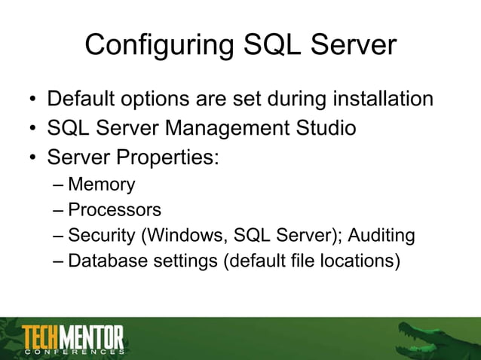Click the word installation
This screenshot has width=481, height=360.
tap(378, 99)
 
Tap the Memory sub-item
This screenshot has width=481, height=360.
tap(101, 185)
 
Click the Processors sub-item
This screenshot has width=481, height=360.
tap(115, 210)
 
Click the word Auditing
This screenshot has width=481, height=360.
tap(381, 236)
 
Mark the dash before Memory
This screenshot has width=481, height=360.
tap(60, 185)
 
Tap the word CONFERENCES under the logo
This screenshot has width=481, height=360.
tap(73, 352)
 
